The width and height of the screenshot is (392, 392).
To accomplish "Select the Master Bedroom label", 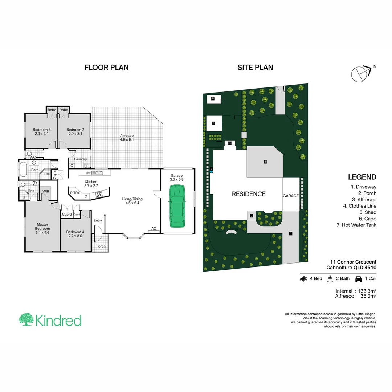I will pyautogui.click(x=42, y=229).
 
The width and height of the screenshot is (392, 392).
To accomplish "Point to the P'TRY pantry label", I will pyautogui.click(x=75, y=193).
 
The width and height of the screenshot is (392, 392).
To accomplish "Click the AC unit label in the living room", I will pyautogui.click(x=154, y=229).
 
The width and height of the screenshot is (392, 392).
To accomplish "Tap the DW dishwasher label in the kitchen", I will pyautogui.click(x=88, y=173).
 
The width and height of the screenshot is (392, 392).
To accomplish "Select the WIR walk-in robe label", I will pyautogui.click(x=46, y=191).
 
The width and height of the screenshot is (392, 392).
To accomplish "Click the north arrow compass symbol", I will pyautogui.click(x=360, y=73).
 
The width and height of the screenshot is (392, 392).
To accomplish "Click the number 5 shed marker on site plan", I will pyautogui.click(x=213, y=123).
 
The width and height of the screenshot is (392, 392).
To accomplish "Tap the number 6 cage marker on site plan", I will pyautogui.click(x=213, y=98).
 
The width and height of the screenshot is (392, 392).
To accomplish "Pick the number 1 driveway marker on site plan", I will pyautogui.click(x=290, y=233).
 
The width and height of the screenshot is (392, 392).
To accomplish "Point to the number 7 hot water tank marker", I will pyautogui.click(x=211, y=169).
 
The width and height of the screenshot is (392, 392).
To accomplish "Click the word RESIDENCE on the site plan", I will pyautogui.click(x=249, y=194).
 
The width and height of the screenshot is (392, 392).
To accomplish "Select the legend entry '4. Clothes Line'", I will pyautogui.click(x=356, y=206).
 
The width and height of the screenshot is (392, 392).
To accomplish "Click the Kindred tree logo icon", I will pyautogui.click(x=26, y=320).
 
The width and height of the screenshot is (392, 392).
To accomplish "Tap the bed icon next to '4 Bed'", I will pyautogui.click(x=304, y=279).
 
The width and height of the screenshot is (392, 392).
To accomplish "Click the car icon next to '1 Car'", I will pyautogui.click(x=358, y=279).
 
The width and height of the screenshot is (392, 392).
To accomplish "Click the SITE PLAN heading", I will pyautogui.click(x=255, y=67).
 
